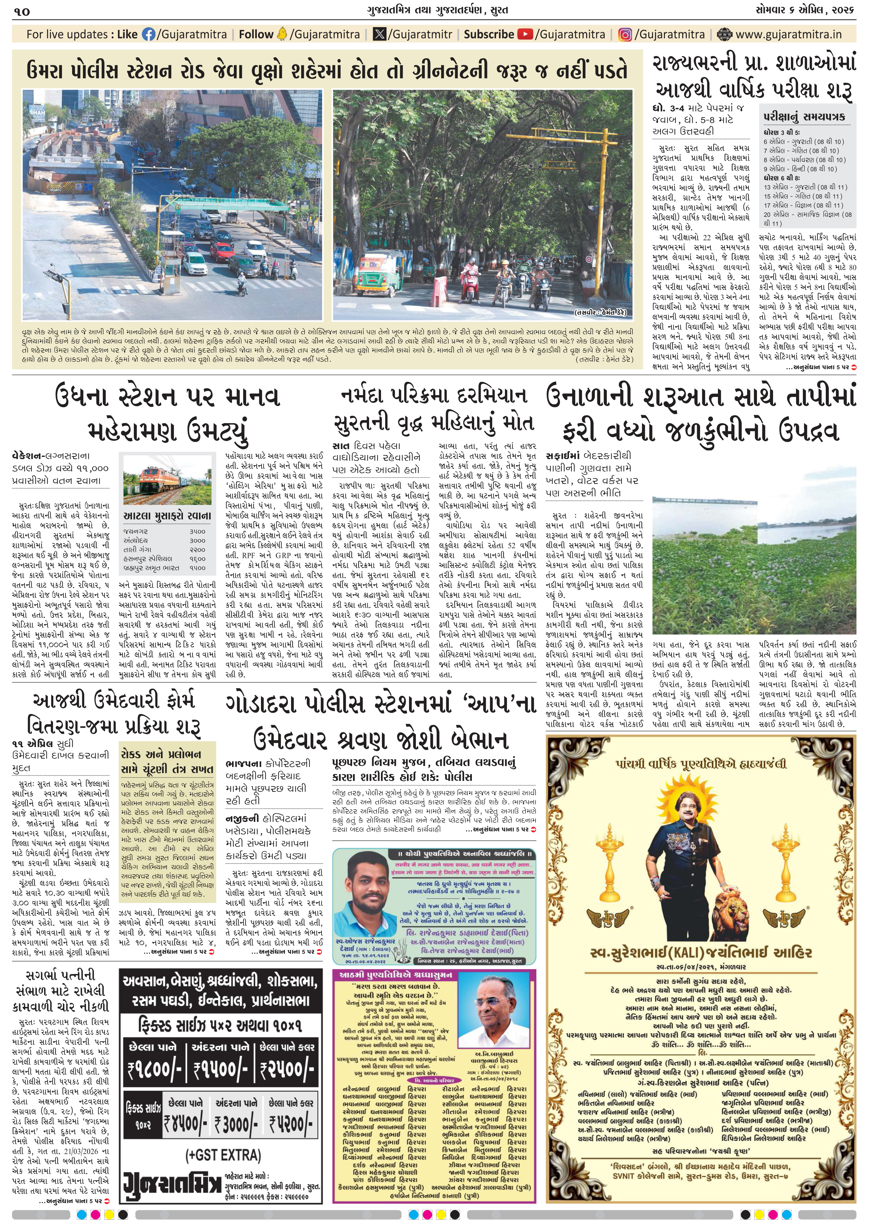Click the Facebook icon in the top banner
pos(148,35)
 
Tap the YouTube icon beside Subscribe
pos(525,35)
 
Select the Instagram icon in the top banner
pos(625,35)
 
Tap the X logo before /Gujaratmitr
pos(380,35)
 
